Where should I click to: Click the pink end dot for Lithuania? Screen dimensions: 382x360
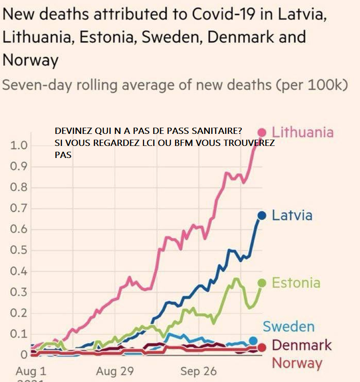click(x=262, y=133)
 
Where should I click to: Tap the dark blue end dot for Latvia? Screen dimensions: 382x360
click(x=262, y=216)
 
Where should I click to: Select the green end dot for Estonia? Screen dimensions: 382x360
click(x=262, y=283)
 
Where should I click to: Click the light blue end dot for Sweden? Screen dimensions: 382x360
click(x=253, y=341)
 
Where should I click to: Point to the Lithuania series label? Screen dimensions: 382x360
click(x=302, y=133)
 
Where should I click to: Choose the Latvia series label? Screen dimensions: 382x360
click(x=292, y=216)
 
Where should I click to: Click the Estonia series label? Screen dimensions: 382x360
click(x=296, y=283)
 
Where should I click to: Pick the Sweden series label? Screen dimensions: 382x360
click(x=289, y=326)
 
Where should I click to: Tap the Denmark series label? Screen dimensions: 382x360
click(x=301, y=345)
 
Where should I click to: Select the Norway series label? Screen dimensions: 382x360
click(x=297, y=363)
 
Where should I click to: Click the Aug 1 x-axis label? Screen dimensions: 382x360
click(x=31, y=371)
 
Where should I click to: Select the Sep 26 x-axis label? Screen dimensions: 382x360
click(x=198, y=371)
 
